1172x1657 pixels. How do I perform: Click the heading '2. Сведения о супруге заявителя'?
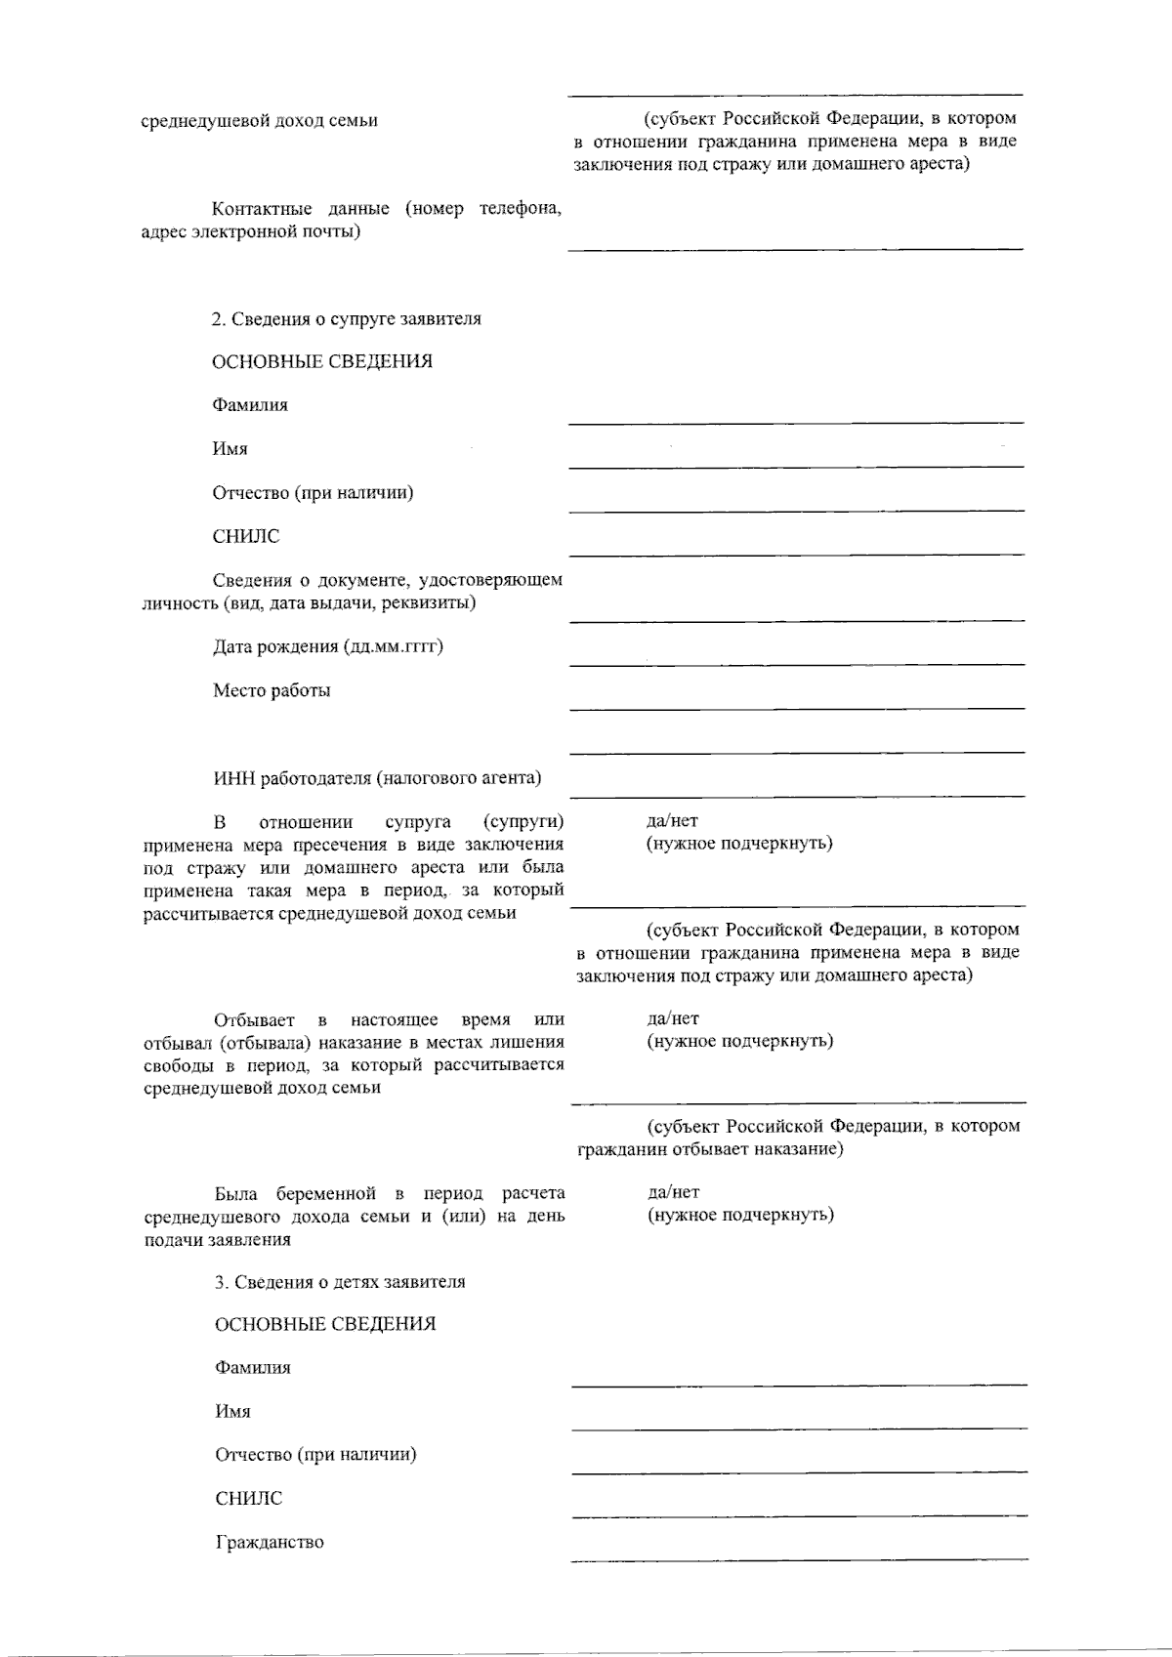point(346,319)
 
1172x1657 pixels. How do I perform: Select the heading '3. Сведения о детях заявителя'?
point(340,1282)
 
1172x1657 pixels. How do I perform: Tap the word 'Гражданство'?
point(270,1543)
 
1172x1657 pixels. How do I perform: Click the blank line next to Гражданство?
point(799,1557)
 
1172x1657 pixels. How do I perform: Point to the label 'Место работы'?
point(272,690)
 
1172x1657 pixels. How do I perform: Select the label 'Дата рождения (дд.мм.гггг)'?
point(328,646)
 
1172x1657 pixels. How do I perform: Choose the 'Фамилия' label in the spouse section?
point(250,405)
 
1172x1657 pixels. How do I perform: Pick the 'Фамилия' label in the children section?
point(253,1368)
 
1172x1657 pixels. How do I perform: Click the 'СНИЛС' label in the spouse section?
point(246,536)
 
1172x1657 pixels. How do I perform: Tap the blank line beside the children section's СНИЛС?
point(799,1514)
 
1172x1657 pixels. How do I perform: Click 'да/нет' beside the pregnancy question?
point(673,1192)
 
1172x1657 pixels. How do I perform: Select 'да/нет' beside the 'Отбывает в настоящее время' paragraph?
point(673,1018)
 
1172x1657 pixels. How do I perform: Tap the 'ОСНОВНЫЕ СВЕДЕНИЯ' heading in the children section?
point(325,1325)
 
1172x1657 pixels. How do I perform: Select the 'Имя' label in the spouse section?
point(230,449)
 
